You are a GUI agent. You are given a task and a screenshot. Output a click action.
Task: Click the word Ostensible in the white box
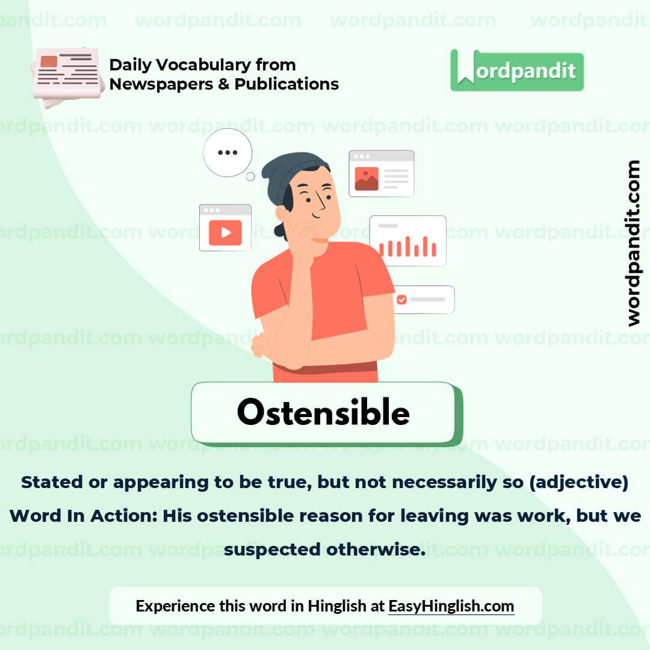pyautogui.click(x=323, y=413)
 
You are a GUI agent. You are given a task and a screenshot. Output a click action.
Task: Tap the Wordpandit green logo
pyautogui.click(x=516, y=71)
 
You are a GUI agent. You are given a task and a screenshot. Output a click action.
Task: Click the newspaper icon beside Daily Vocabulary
pyautogui.click(x=67, y=75)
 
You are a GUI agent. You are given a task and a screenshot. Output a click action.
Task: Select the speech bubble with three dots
pyautogui.click(x=227, y=153)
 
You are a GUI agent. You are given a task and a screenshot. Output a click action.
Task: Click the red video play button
pyautogui.click(x=225, y=232)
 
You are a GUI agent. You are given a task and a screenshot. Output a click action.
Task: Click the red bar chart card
pyautogui.click(x=407, y=241)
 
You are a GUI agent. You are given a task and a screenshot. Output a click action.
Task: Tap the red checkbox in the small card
pyautogui.click(x=401, y=299)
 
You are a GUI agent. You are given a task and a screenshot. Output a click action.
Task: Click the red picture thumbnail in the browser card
pyautogui.click(x=367, y=179)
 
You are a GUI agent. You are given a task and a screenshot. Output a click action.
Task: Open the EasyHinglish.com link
pyautogui.click(x=451, y=605)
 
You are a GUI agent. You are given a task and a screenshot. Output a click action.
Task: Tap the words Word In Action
pyautogui.click(x=84, y=516)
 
